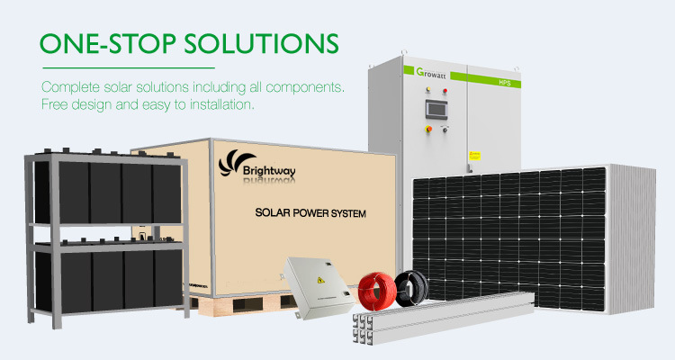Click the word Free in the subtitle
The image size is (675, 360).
tap(57, 106)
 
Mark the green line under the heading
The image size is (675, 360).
tap(126, 67)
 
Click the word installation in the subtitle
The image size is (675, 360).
tap(220, 106)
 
